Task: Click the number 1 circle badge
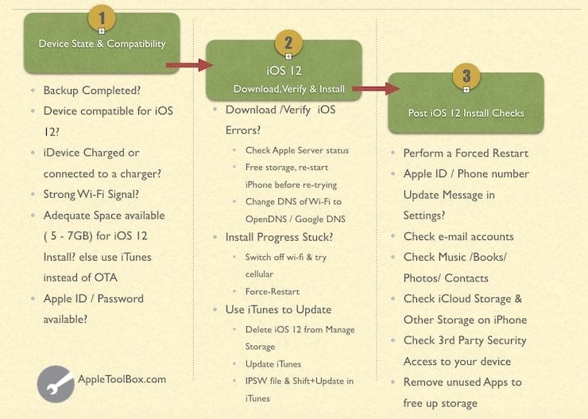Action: [101, 17]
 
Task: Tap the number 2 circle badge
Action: [288, 43]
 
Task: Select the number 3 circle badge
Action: [466, 77]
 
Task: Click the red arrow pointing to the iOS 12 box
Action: [185, 65]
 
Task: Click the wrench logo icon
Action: [55, 383]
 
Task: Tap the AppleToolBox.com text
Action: [122, 379]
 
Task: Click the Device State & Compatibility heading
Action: [101, 44]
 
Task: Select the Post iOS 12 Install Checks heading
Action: [466, 113]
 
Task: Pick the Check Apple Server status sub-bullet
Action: [296, 150]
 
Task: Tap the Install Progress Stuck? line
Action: [279, 237]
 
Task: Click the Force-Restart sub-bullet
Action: [273, 291]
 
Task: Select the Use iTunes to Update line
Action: [278, 309]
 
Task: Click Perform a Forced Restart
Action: [466, 153]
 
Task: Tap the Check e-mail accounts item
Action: [458, 236]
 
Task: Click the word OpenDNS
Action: [268, 219]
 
